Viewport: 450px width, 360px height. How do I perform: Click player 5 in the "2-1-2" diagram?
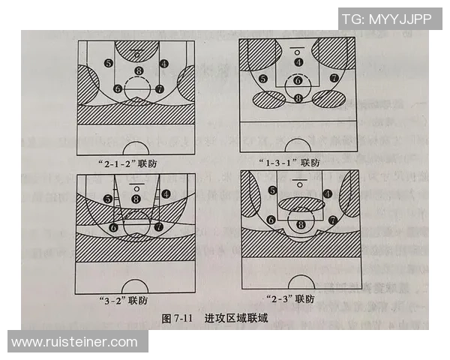pyautogui.click(x=109, y=63)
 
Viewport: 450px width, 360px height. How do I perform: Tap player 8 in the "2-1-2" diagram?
pyautogui.click(x=138, y=72)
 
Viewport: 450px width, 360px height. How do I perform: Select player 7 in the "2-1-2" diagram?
pyautogui.click(x=159, y=88)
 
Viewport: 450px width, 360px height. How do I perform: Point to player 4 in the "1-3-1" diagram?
pyautogui.click(x=298, y=62)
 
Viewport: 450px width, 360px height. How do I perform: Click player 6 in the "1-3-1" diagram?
pyautogui.click(x=298, y=80)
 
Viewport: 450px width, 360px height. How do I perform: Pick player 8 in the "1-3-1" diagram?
pyautogui.click(x=298, y=98)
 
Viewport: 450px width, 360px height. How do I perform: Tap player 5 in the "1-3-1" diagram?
pyautogui.click(x=262, y=79)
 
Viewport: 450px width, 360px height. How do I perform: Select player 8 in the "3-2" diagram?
pyautogui.click(x=136, y=199)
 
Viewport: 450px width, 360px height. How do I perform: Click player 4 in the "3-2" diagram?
pyautogui.click(x=165, y=193)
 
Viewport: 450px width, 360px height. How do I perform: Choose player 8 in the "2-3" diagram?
pyautogui.click(x=301, y=223)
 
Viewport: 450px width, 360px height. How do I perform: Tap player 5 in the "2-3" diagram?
pyautogui.click(x=272, y=191)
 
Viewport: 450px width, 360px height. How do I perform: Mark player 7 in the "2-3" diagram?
pyautogui.click(x=332, y=220)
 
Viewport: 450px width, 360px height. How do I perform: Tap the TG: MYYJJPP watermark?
pyautogui.click(x=388, y=18)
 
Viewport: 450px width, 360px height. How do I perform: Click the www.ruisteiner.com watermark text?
pyautogui.click(x=74, y=342)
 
